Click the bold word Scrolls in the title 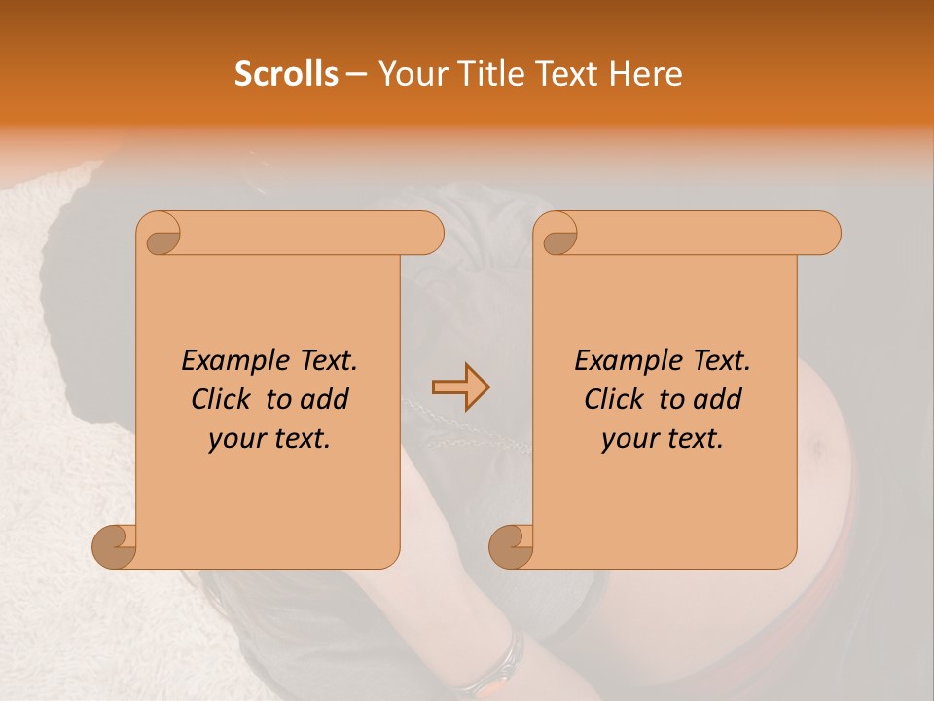(x=287, y=74)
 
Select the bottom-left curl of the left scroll (x=115, y=545)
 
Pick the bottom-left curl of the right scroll (x=512, y=545)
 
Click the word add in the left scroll (x=326, y=400)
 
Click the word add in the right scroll (x=719, y=400)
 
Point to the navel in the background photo (x=813, y=447)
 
